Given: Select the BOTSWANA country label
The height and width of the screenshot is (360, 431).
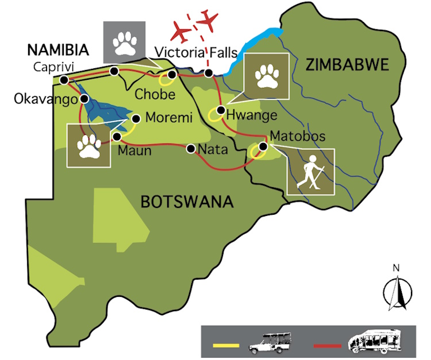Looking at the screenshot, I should pyautogui.click(x=187, y=202).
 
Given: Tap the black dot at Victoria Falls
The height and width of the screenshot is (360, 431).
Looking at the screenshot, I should pyautogui.click(x=209, y=73).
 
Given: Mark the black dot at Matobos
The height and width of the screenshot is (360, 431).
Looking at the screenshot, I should pyautogui.click(x=263, y=146).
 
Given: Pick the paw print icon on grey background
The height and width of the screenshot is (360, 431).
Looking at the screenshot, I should pyautogui.click(x=124, y=42).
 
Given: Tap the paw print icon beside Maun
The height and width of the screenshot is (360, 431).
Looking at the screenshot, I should pyautogui.click(x=89, y=146).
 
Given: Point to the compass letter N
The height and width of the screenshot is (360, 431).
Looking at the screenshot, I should pyautogui.click(x=395, y=268).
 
